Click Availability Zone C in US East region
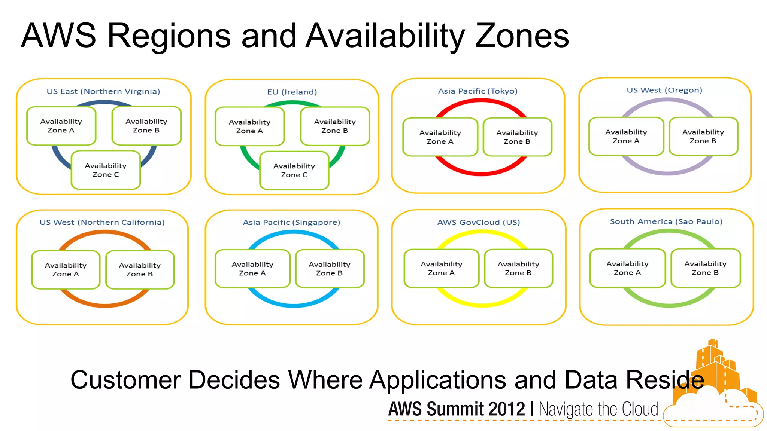tap(106, 170)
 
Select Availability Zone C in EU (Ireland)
tap(294, 171)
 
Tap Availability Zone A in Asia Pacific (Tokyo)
tap(440, 137)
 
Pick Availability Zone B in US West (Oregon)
tap(703, 137)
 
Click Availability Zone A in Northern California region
tap(66, 269)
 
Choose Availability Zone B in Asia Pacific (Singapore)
tap(329, 269)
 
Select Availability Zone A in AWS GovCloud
tap(441, 268)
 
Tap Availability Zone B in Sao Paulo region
tap(705, 268)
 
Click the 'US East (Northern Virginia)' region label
tap(103, 91)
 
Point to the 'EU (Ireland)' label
tap(292, 92)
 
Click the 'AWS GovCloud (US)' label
tap(479, 222)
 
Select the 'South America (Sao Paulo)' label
tap(666, 221)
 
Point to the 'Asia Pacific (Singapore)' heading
tap(291, 222)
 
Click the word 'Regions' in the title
tap(169, 37)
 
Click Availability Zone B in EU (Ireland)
tap(335, 126)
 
